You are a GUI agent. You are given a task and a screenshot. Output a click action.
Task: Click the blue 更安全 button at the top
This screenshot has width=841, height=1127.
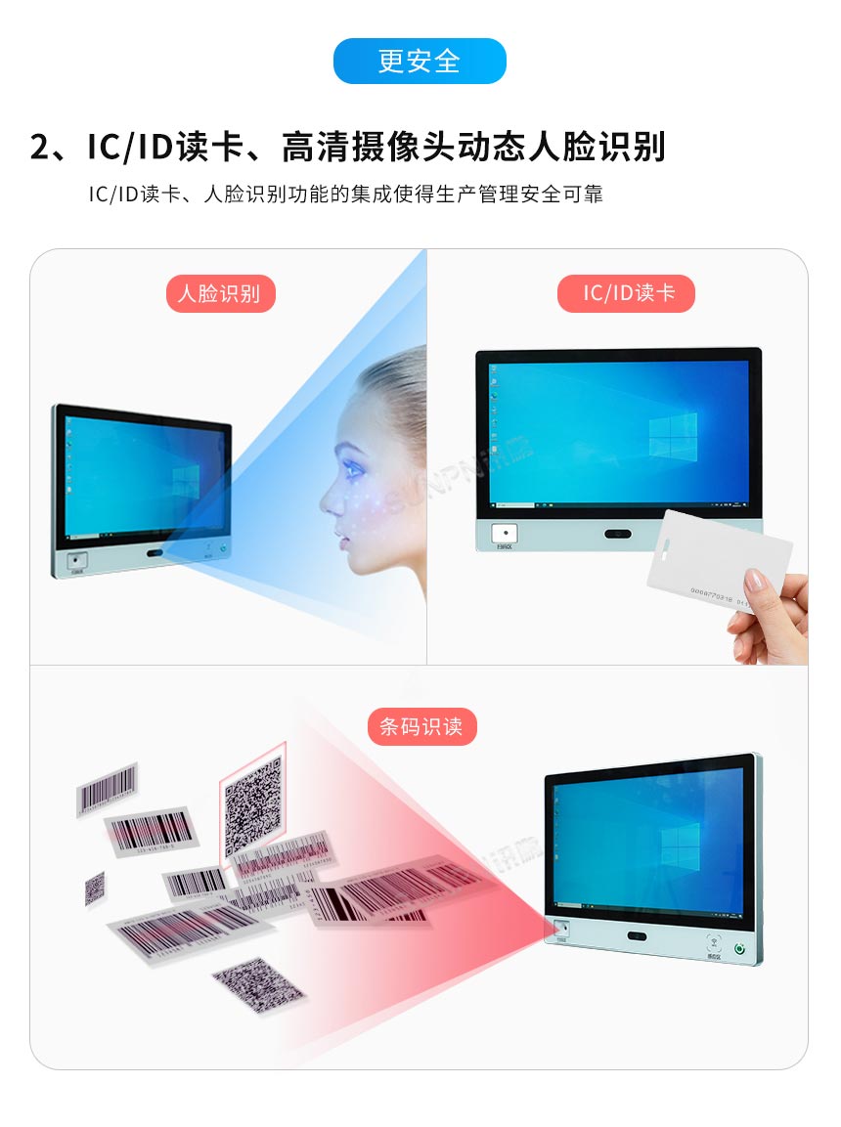pyautogui.click(x=420, y=62)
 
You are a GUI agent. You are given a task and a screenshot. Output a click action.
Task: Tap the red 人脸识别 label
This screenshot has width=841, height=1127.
pyautogui.click(x=220, y=293)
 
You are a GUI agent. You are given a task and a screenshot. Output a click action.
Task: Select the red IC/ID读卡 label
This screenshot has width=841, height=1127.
pyautogui.click(x=626, y=293)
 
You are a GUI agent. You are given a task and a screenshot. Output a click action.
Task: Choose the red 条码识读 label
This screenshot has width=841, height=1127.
pyautogui.click(x=421, y=726)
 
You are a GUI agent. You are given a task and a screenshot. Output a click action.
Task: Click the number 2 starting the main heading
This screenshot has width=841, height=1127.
pyautogui.click(x=40, y=147)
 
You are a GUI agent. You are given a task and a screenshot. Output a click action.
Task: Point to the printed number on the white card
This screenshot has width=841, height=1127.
pyautogui.click(x=718, y=591)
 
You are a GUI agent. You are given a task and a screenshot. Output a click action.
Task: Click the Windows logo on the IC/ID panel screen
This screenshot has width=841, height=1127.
pyautogui.click(x=674, y=435)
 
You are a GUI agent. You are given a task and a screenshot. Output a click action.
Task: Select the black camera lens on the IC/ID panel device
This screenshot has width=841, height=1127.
pyautogui.click(x=618, y=534)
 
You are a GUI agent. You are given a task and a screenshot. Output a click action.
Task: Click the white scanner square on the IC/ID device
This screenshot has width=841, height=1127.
pyautogui.click(x=504, y=534)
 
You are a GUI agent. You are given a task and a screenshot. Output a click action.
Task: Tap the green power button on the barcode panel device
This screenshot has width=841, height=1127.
pyautogui.click(x=740, y=947)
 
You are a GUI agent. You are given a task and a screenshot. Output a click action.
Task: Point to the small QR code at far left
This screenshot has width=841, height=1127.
pyautogui.click(x=95, y=888)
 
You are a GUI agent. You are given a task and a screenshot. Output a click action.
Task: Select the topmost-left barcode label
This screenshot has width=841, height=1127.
pyautogui.click(x=108, y=787)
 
